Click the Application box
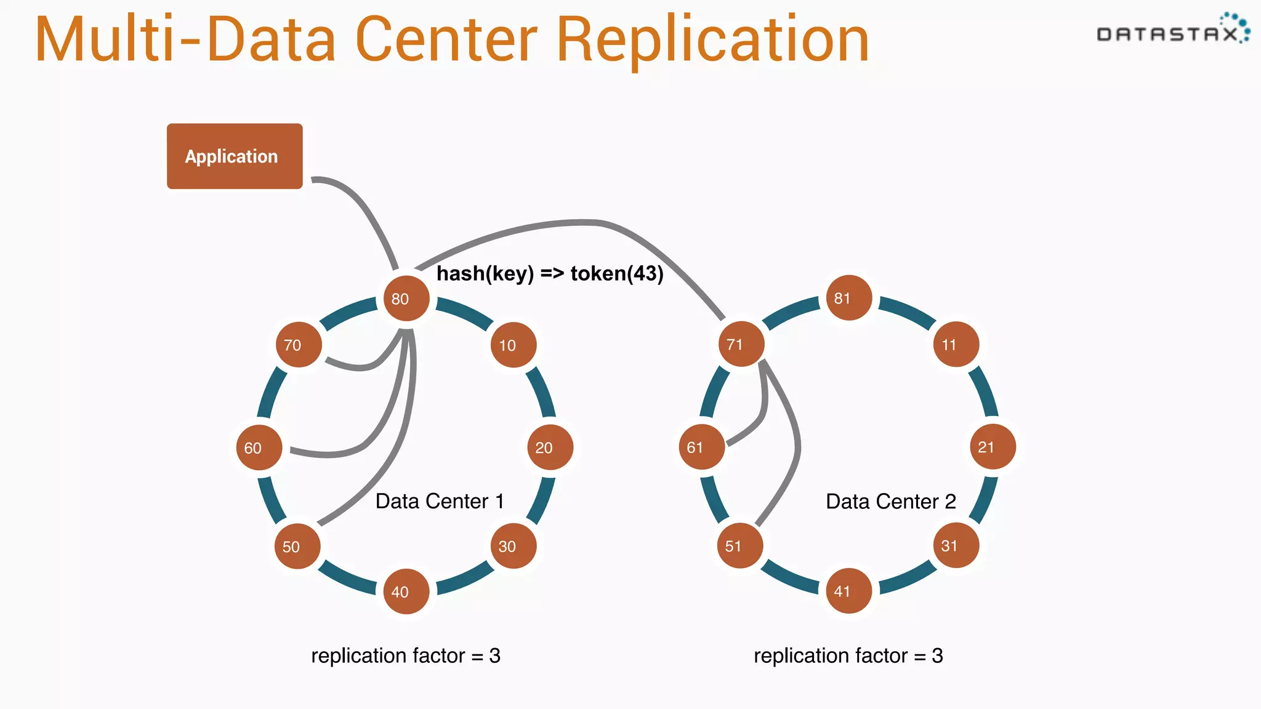[235, 156]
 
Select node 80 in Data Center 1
[406, 298]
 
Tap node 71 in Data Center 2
[741, 344]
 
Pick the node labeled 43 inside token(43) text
[645, 273]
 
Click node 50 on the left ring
[297, 546]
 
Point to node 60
[259, 447]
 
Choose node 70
[298, 345]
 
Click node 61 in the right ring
[701, 447]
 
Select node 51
[739, 545]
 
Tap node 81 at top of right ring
[848, 298]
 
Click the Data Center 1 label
[440, 501]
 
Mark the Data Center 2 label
[890, 502]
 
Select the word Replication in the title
[712, 39]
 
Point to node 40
[406, 591]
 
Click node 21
[992, 447]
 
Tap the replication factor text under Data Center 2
[848, 655]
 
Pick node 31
[956, 545]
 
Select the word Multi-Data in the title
[185, 39]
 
